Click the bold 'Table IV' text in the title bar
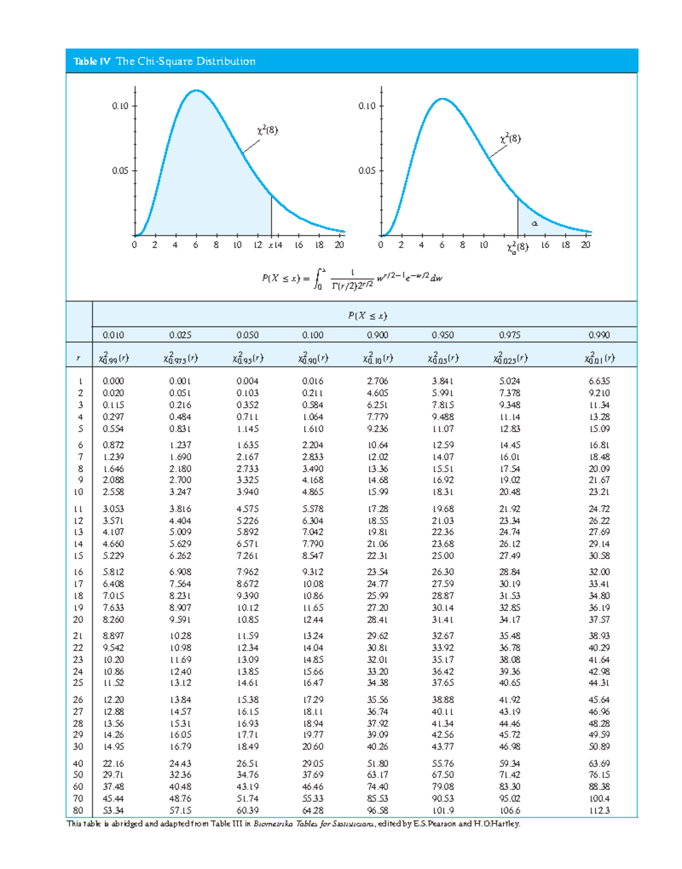pos(92,61)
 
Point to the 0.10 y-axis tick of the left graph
pos(120,106)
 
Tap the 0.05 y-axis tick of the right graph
pos(367,170)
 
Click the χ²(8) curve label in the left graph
pos(267,130)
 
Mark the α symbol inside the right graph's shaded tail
pos(534,223)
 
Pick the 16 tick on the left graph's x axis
pos(299,245)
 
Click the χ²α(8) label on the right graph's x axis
pos(517,247)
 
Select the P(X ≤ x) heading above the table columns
pos(367,316)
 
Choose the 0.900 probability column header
pos(377,335)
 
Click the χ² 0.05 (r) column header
pos(443,358)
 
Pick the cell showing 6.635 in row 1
pos(599,381)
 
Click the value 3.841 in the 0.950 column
pos(443,381)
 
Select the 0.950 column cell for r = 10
pos(443,492)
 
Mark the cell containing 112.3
pos(599,810)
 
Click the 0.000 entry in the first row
pos(113,381)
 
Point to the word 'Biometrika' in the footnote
pos(273,824)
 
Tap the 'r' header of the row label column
pos(78,358)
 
